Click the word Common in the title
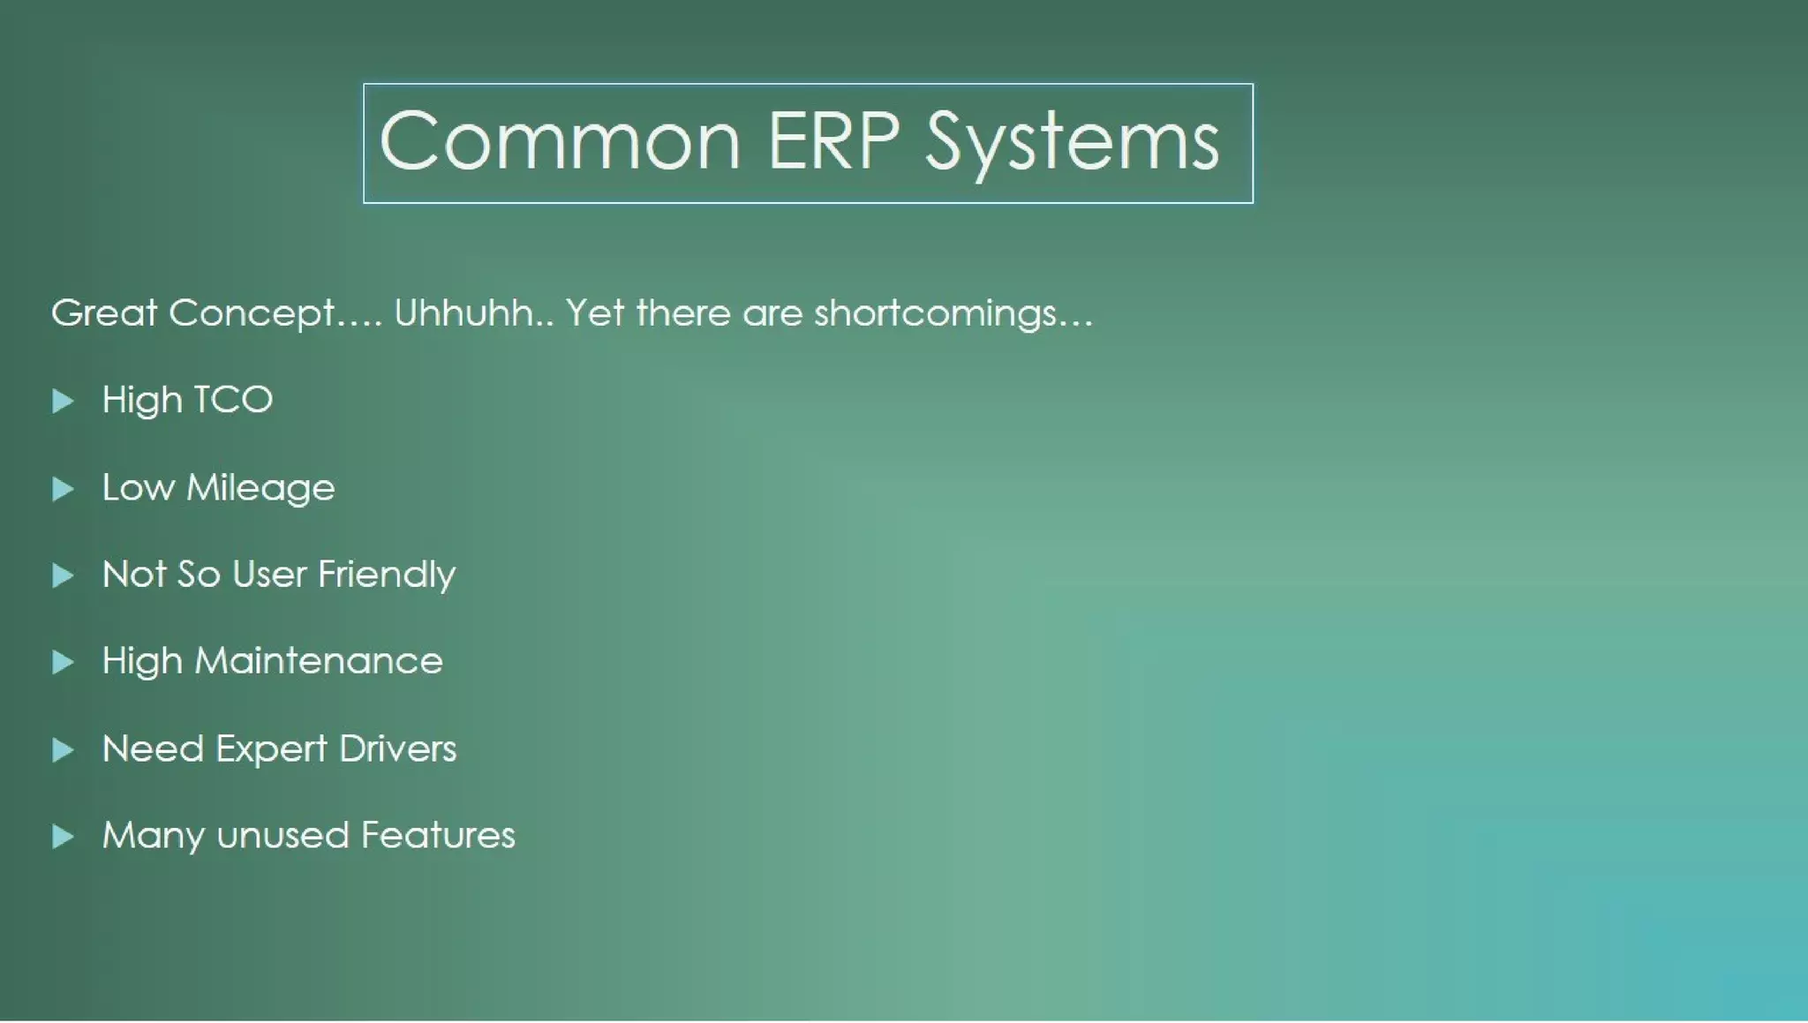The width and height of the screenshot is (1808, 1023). [x=559, y=141]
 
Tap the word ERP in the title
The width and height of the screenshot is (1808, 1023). [x=833, y=141]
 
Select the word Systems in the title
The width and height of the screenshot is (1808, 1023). [x=1072, y=143]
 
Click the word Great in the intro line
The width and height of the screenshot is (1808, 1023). [x=103, y=312]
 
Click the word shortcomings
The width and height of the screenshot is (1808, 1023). [x=935, y=314]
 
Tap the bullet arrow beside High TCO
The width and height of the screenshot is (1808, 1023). [x=63, y=401]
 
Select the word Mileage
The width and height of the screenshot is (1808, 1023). [x=260, y=488]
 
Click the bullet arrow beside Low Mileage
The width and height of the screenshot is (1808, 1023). [x=63, y=488]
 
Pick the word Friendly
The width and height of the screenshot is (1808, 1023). [x=387, y=575]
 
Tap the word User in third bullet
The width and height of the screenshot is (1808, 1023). [x=269, y=575]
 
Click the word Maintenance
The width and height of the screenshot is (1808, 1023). [x=318, y=661]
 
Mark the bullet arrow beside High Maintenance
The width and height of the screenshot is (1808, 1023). [x=63, y=662]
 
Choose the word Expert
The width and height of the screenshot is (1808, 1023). [x=271, y=749]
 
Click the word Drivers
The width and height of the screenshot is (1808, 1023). [x=397, y=748]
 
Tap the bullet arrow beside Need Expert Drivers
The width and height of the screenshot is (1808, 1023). [x=63, y=749]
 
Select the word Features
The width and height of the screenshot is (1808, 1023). [x=437, y=835]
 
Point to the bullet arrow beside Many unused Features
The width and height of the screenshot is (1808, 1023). [x=63, y=836]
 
